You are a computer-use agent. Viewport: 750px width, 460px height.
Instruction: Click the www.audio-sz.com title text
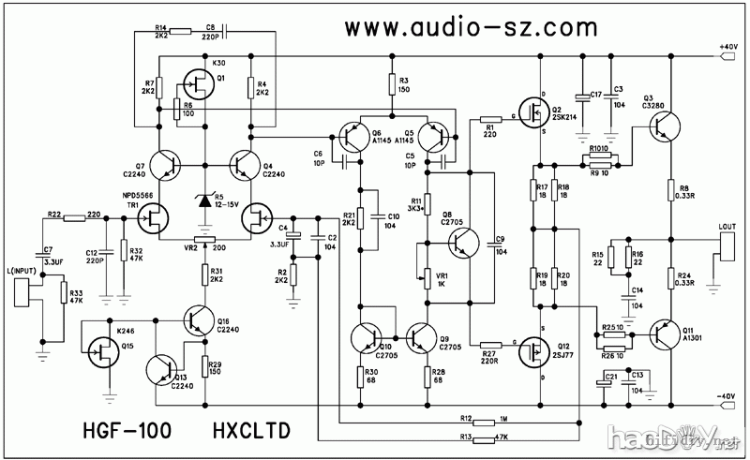(x=460, y=27)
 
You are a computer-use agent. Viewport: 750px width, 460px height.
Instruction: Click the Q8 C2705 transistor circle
(x=462, y=241)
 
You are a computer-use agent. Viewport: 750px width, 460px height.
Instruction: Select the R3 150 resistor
(x=391, y=86)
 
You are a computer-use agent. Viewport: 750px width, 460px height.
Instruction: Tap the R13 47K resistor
(x=485, y=438)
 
